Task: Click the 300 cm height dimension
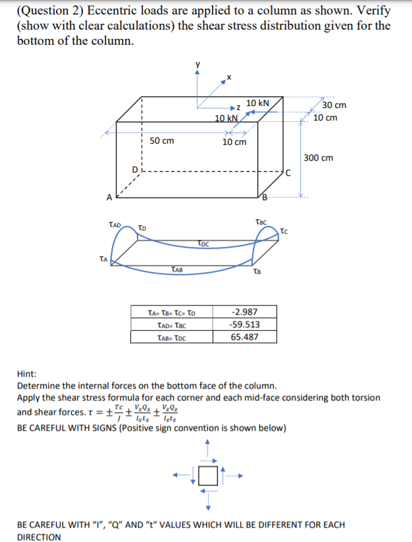(x=319, y=157)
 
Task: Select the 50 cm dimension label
(x=162, y=140)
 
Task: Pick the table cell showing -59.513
(x=245, y=325)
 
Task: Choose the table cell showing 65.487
(x=245, y=337)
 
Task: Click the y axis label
(x=196, y=65)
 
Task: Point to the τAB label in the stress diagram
(x=176, y=269)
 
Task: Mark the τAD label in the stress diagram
(x=115, y=225)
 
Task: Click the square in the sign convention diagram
(x=208, y=475)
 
